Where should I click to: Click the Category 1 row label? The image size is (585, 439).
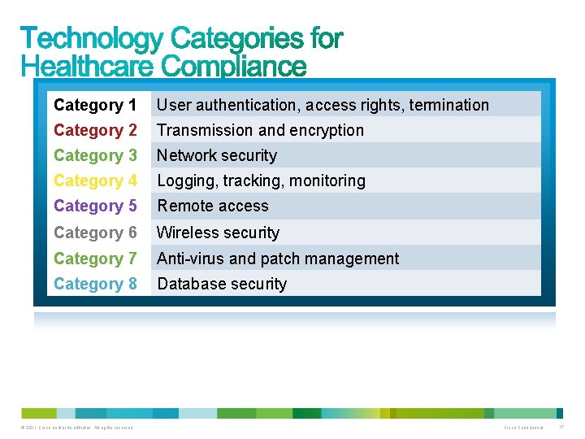pos(95,105)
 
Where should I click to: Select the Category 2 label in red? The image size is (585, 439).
pos(95,130)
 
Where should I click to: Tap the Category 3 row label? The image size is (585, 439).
pos(95,155)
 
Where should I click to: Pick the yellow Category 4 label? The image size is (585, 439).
pos(95,180)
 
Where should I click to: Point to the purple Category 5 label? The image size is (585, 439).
pos(95,206)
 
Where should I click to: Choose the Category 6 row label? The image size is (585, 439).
pos(95,233)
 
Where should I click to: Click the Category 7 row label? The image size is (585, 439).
pos(95,259)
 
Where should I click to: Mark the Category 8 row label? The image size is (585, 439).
pos(95,284)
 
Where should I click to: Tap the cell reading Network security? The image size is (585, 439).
pos(217,155)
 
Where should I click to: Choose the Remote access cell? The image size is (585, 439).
pos(213,206)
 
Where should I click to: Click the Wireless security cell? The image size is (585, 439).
pos(218,233)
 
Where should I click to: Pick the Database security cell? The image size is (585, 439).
pos(222,284)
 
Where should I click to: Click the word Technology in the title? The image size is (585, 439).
pos(93,38)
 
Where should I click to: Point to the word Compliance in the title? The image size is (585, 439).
pos(234,65)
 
